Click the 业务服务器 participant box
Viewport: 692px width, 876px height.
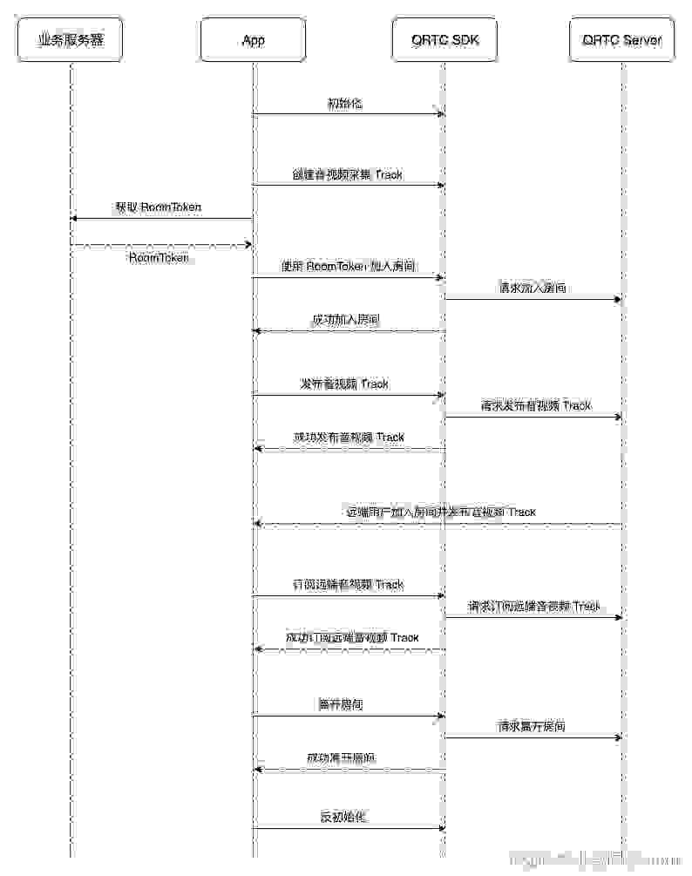point(71,40)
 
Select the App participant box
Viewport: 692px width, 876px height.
point(254,40)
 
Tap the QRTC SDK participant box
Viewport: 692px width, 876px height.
point(445,40)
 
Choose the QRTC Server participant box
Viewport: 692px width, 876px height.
point(622,40)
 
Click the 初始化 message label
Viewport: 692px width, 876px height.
point(344,104)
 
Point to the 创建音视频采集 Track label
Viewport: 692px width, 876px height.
point(348,174)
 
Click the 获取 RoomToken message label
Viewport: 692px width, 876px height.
point(158,207)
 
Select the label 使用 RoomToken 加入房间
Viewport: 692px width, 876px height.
point(348,266)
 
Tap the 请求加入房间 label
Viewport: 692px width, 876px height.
point(533,288)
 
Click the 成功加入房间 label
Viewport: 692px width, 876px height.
point(346,320)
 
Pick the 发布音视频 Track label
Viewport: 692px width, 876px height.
point(344,384)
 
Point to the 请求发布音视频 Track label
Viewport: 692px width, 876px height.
point(535,405)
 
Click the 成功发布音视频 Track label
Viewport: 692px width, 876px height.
point(349,437)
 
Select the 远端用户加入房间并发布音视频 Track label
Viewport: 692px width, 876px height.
point(441,512)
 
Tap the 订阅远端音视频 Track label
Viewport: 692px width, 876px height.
point(348,584)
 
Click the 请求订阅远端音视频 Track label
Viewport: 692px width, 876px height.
point(534,606)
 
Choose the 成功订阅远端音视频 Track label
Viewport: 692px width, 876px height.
point(352,638)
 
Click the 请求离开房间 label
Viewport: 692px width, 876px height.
point(532,725)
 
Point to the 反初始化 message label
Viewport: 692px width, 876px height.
point(343,817)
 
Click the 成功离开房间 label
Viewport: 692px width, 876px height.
point(342,757)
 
